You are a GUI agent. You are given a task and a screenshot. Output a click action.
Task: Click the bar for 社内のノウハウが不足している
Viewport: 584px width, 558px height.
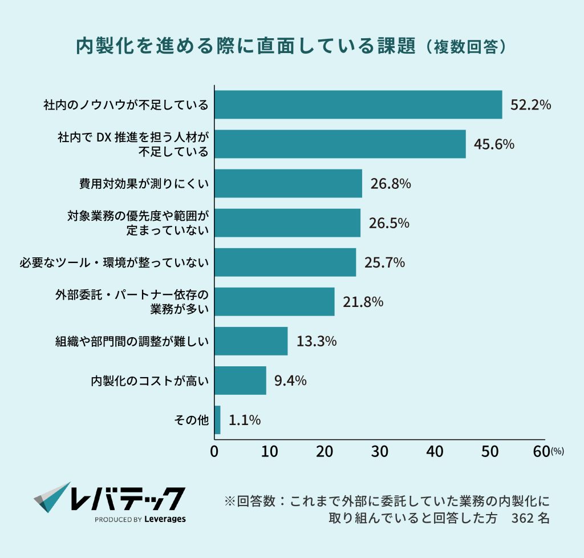click(x=358, y=105)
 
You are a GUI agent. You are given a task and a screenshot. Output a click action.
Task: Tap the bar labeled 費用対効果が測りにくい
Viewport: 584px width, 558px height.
click(x=288, y=183)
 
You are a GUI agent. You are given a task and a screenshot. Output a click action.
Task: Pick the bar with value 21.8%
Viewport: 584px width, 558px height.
click(x=274, y=302)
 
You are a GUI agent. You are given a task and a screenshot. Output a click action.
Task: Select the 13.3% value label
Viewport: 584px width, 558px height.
click(x=316, y=341)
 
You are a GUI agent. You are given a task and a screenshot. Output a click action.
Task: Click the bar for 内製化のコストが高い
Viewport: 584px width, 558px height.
click(x=240, y=381)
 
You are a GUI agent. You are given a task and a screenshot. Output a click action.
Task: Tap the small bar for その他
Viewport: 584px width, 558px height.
click(x=217, y=420)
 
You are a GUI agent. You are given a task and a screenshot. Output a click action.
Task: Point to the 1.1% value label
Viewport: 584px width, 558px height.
click(x=245, y=420)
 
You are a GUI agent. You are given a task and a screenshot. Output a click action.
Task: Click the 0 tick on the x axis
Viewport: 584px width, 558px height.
click(x=214, y=451)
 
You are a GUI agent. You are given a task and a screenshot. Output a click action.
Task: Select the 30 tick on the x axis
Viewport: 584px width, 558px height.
click(x=380, y=451)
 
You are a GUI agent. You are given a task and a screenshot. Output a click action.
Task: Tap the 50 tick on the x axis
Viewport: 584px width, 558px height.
click(x=490, y=451)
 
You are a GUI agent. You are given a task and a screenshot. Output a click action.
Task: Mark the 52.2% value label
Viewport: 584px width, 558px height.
click(x=530, y=105)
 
